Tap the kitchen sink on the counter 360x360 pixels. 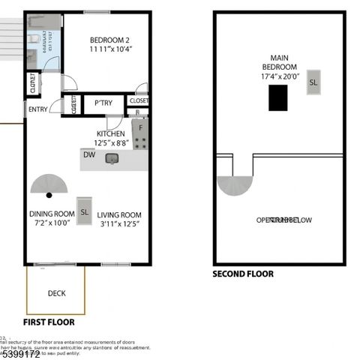click(x=112, y=158)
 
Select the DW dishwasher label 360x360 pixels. click(x=89, y=155)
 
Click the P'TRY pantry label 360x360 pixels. click(x=103, y=103)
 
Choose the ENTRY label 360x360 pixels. click(x=37, y=109)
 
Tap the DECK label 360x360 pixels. click(x=56, y=293)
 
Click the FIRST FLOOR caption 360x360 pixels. click(x=49, y=322)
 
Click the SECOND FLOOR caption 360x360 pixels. click(x=244, y=274)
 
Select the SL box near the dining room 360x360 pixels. click(x=85, y=212)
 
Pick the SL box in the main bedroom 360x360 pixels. click(x=313, y=82)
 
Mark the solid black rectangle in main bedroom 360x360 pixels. click(x=277, y=97)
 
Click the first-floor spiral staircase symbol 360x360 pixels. click(x=49, y=185)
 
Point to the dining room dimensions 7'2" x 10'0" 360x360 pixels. click(x=52, y=223)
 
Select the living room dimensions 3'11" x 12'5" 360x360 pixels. click(x=118, y=223)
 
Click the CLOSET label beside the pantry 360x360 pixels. click(x=139, y=100)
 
